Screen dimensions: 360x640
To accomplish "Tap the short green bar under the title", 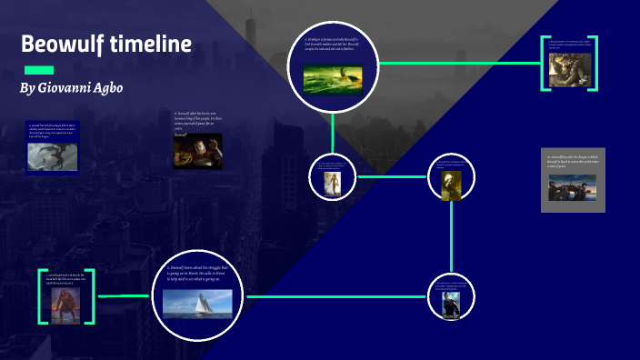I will click(38, 71).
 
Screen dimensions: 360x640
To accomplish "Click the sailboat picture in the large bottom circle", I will click(197, 303).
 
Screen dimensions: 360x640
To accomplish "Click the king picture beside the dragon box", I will click(197, 151).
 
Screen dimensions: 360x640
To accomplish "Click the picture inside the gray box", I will click(573, 187).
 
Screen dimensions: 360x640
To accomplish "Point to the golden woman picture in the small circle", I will click(332, 182).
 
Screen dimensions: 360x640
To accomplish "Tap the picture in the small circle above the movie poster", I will click(452, 184).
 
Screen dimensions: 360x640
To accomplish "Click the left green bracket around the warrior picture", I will click(41, 295).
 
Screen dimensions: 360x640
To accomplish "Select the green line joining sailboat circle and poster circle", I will click(336, 296).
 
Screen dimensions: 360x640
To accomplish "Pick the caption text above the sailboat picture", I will click(197, 275).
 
